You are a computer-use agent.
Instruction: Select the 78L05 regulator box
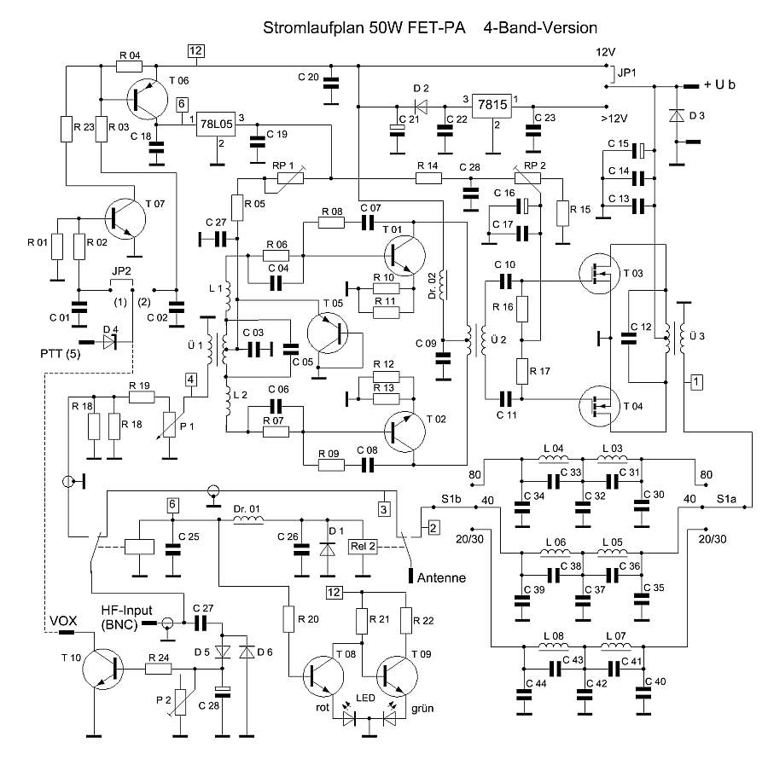pyautogui.click(x=215, y=123)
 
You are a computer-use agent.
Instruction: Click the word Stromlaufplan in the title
pyautogui.click(x=314, y=28)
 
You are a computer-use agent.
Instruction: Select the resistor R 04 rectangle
pyautogui.click(x=130, y=65)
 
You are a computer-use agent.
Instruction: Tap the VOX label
pyautogui.click(x=62, y=621)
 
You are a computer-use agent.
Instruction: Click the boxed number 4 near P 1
pyautogui.click(x=192, y=380)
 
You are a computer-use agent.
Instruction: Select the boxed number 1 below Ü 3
pyautogui.click(x=697, y=381)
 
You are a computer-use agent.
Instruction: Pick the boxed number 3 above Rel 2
pyautogui.click(x=385, y=509)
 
